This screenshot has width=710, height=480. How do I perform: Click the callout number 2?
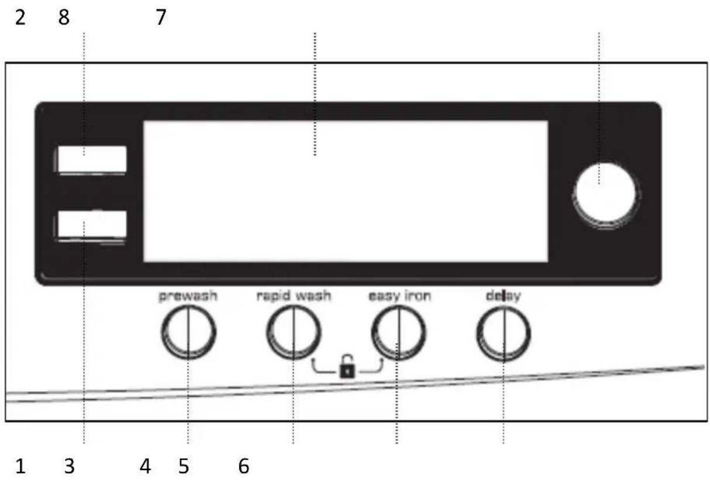(20, 18)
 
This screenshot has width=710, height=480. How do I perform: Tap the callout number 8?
(64, 18)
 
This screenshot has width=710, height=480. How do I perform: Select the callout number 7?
(161, 18)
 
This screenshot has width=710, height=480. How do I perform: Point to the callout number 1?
(20, 467)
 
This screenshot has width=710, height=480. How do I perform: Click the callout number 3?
(70, 467)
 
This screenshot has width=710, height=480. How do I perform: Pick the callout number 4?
(145, 467)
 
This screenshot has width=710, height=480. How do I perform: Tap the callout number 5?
(184, 467)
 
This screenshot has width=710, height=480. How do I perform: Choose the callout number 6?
(244, 467)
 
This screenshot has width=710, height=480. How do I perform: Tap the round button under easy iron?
(398, 333)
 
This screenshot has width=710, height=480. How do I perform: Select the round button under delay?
(504, 334)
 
